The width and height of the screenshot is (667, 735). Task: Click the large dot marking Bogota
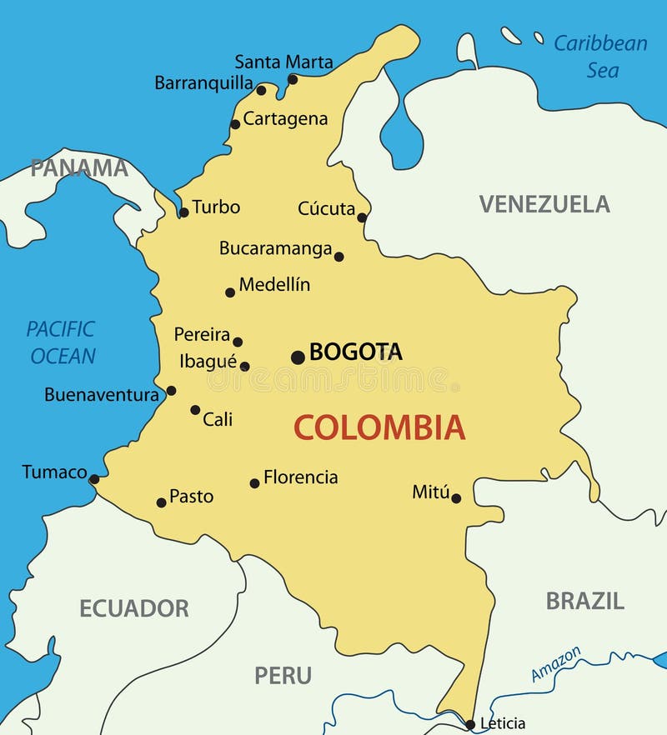pyautogui.click(x=298, y=357)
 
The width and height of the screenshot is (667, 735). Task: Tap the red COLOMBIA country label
pyautogui.click(x=379, y=427)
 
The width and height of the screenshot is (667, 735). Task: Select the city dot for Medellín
pyautogui.click(x=230, y=292)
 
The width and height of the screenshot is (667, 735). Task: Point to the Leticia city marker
pyautogui.click(x=470, y=724)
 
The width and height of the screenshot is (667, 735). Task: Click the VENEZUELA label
pyautogui.click(x=544, y=204)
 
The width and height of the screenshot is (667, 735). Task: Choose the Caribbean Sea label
pyautogui.click(x=601, y=56)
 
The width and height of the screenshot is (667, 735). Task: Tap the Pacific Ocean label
pyautogui.click(x=62, y=342)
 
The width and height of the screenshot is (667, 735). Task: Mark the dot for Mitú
pyautogui.click(x=456, y=498)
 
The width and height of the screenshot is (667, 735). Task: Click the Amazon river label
pyautogui.click(x=556, y=663)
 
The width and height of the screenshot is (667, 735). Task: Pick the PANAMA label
pyautogui.click(x=80, y=168)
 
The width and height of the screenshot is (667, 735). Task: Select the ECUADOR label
pyautogui.click(x=134, y=608)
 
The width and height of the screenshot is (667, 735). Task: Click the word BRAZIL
pyautogui.click(x=584, y=601)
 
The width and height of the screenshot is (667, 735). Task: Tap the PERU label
pyautogui.click(x=283, y=675)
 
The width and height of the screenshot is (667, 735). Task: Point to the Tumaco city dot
pyautogui.click(x=94, y=479)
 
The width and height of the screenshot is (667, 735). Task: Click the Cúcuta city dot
pyautogui.click(x=362, y=217)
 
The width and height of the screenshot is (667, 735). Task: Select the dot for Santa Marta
pyautogui.click(x=293, y=79)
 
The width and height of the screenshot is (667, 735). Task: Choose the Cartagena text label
pyautogui.click(x=285, y=119)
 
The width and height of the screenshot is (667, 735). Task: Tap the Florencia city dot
pyautogui.click(x=254, y=483)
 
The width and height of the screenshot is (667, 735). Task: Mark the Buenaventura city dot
pyautogui.click(x=171, y=390)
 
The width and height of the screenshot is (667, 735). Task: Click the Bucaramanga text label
pyautogui.click(x=275, y=248)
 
